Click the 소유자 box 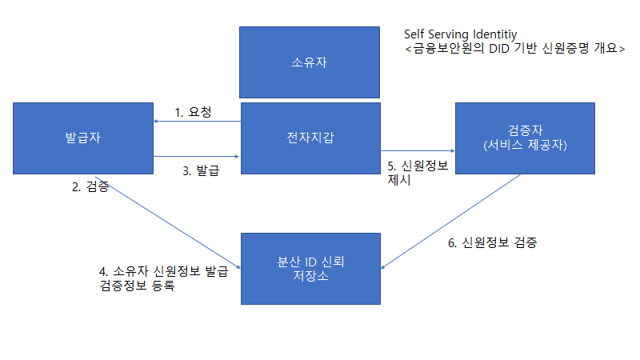(310, 62)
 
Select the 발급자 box (83, 138)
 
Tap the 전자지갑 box (310, 138)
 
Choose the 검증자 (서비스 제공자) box (525, 138)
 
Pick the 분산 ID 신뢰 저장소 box (310, 268)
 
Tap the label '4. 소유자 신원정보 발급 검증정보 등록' (158, 278)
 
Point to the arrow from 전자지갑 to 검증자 (417, 150)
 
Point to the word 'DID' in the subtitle (495, 50)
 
